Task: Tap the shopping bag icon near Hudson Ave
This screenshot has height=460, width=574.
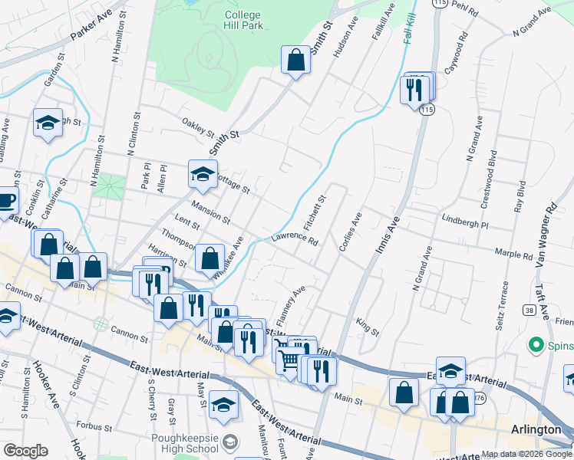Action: (295, 60)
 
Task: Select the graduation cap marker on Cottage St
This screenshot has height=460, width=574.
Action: (203, 174)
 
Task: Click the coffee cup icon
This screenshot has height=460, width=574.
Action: (6, 201)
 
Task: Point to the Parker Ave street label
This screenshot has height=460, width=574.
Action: (91, 26)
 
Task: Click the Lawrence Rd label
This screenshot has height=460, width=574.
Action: (295, 241)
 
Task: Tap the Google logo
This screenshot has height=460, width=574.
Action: (25, 451)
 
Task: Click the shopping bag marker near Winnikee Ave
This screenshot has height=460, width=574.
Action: (209, 258)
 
